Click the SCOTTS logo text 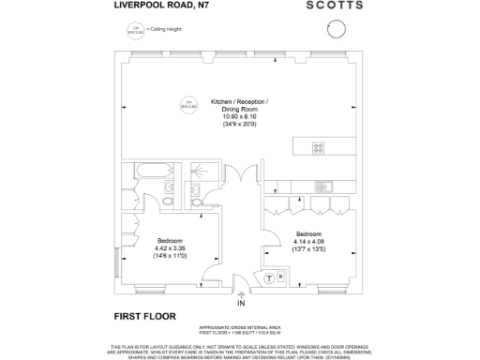point(333,6)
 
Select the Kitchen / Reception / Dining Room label point(239,105)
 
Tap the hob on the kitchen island point(319,147)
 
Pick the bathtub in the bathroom point(148,171)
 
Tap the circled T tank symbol point(268,277)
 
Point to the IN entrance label point(241,304)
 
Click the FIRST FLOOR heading point(144,316)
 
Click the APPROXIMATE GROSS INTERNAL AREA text point(240,327)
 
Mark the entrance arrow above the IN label point(241,293)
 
